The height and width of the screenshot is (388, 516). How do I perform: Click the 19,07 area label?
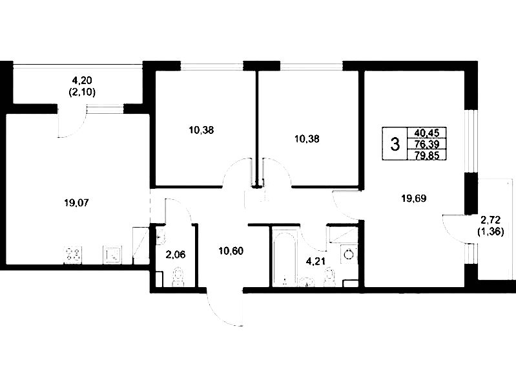coord(76,203)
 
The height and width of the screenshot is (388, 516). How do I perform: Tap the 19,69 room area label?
coord(414,199)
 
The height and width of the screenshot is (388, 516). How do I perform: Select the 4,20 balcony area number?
coord(82,80)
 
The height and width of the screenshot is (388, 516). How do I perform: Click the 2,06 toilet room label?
coord(176,255)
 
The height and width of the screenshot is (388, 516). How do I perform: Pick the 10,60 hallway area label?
coord(231,251)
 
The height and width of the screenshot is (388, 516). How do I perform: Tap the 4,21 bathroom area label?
coord(316,262)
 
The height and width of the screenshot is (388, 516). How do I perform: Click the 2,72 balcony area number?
coord(490,220)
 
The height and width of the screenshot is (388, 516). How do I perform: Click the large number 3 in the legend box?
coord(395,144)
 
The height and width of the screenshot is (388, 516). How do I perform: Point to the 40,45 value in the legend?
coord(427,133)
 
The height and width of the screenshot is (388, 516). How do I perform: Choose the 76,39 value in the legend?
coord(427,144)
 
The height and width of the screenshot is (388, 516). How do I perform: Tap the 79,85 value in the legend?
coord(427,155)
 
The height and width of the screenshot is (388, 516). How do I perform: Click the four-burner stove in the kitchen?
coord(73,255)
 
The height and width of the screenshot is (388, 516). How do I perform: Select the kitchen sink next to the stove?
coord(112,255)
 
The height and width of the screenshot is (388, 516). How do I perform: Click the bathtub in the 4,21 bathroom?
coord(285,258)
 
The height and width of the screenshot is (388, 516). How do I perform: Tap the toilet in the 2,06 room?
coord(178,277)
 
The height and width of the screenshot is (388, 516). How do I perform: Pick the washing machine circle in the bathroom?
coord(349,254)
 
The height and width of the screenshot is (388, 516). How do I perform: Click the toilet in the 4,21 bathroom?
coord(329,277)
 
